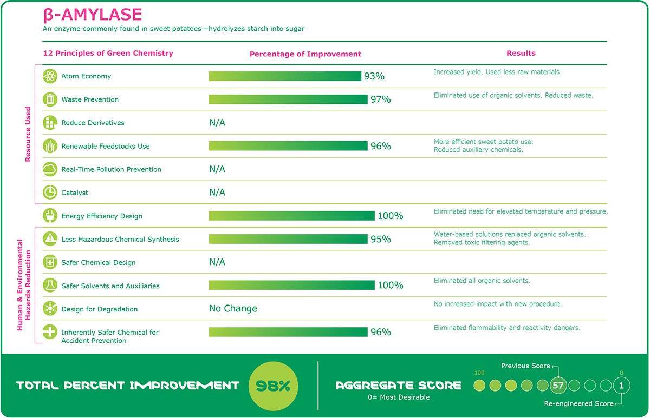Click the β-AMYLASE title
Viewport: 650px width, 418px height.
(x=93, y=15)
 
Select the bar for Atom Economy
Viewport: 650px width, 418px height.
(x=285, y=76)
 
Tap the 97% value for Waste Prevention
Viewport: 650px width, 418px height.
(x=381, y=99)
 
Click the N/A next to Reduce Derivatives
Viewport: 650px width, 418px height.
(x=217, y=123)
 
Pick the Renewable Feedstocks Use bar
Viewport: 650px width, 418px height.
(x=288, y=146)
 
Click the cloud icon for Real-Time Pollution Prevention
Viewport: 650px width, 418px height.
(x=50, y=169)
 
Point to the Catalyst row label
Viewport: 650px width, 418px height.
(x=75, y=193)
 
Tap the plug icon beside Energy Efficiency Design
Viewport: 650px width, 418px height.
(x=50, y=216)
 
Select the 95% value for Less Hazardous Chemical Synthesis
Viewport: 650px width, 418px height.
(x=381, y=239)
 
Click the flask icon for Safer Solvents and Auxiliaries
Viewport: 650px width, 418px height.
(x=50, y=286)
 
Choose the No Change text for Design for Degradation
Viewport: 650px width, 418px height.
(x=233, y=309)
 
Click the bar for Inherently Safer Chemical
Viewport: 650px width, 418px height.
(x=288, y=332)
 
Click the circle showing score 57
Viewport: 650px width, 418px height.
(x=558, y=386)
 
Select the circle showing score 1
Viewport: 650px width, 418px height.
(x=622, y=386)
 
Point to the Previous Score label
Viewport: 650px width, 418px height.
(x=525, y=366)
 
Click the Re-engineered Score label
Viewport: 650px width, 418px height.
(x=578, y=404)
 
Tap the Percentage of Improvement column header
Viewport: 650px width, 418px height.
(x=305, y=54)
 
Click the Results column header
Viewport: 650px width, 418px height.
(x=521, y=53)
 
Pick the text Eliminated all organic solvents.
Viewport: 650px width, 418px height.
(x=482, y=281)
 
